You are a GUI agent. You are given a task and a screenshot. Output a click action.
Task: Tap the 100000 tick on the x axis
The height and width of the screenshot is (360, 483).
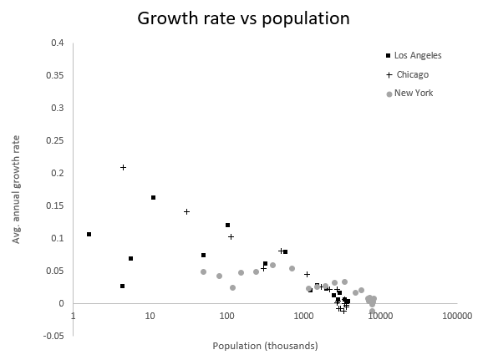[x=456, y=317]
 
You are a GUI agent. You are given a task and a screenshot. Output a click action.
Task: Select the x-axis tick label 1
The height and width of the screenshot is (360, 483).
[x=74, y=317]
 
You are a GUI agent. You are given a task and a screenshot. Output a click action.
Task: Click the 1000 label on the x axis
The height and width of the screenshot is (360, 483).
[x=303, y=317]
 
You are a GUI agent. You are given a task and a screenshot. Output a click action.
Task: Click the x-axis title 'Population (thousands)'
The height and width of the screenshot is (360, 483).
[x=264, y=345]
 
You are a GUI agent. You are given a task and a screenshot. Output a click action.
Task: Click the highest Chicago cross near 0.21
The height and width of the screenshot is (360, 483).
[x=123, y=167]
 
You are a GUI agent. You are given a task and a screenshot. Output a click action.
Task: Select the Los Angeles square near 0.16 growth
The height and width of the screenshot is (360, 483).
[x=154, y=197]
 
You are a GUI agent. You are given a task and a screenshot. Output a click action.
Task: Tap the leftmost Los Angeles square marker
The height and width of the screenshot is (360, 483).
[x=89, y=234]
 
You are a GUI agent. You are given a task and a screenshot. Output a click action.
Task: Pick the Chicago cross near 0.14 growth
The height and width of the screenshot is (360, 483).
[x=186, y=211]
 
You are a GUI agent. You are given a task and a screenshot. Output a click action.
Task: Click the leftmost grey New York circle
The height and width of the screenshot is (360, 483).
[x=203, y=271]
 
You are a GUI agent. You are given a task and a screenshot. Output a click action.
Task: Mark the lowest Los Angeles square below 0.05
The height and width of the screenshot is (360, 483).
[x=122, y=286]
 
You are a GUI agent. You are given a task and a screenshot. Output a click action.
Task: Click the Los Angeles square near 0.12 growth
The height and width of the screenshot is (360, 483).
[x=227, y=225]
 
